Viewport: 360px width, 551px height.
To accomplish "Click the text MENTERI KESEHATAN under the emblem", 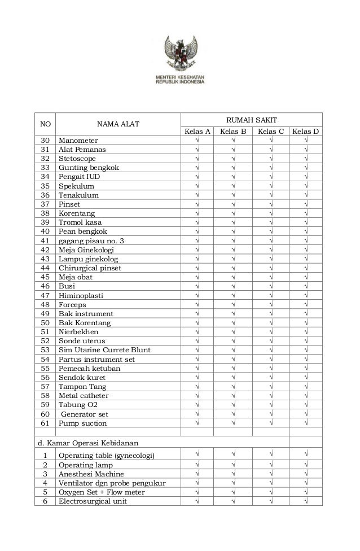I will [x=180, y=76].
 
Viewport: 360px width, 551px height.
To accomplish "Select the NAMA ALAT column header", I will [x=118, y=124].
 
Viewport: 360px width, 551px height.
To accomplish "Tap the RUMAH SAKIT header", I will [x=251, y=120].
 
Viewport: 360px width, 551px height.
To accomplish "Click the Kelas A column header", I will [x=197, y=132].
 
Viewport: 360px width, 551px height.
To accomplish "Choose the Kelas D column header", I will [x=305, y=132].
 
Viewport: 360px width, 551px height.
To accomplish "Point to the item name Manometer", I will [x=78, y=141].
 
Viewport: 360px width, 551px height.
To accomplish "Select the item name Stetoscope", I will [x=77, y=159].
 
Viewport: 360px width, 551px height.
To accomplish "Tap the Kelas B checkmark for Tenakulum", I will [x=233, y=195].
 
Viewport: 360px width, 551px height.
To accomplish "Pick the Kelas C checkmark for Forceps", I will [x=270, y=305].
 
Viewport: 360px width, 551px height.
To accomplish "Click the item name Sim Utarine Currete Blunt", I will [x=104, y=350].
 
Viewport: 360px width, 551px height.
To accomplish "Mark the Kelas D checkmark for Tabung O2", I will [x=305, y=405].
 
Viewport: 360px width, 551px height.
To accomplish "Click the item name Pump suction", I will [x=82, y=423].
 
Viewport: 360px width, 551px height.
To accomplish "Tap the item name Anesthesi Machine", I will [x=91, y=474].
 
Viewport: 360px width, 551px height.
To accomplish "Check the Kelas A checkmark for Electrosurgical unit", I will [x=197, y=501].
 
